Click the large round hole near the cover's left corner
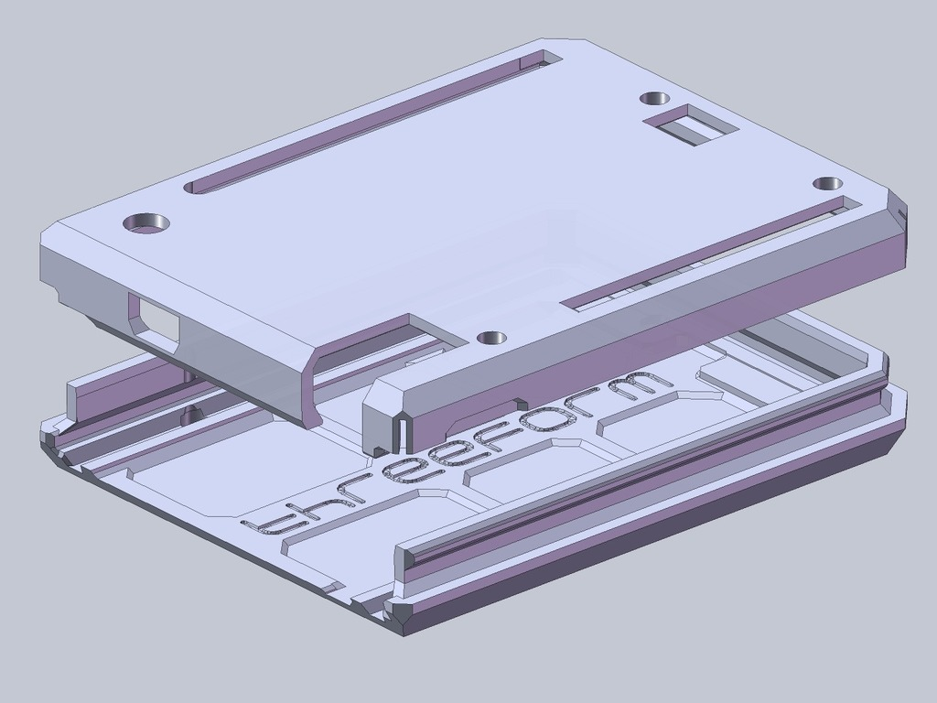pyautogui.click(x=146, y=222)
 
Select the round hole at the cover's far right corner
pyautogui.click(x=827, y=183)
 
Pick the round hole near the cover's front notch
pyautogui.click(x=491, y=338)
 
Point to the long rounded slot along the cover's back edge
pyautogui.click(x=366, y=123)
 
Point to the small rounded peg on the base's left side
pyautogui.click(x=190, y=414)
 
